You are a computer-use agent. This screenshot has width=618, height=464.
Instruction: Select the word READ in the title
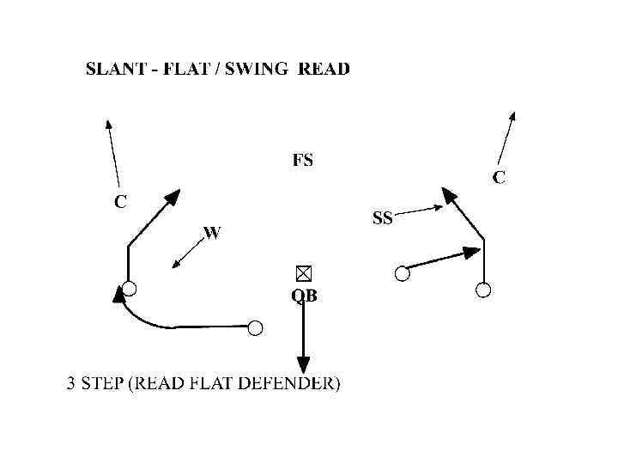[x=324, y=69]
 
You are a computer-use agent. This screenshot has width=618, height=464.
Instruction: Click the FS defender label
[x=303, y=160]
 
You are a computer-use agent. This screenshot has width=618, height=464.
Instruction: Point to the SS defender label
[x=382, y=218]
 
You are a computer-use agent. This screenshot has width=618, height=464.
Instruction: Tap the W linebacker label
[x=212, y=232]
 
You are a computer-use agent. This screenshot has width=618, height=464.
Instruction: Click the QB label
[x=304, y=296]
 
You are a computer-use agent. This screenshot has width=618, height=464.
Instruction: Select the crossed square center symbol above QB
[x=303, y=273]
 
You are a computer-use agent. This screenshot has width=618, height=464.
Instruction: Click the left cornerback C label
[x=121, y=203]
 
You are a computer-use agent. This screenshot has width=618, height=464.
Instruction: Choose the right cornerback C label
[x=499, y=178]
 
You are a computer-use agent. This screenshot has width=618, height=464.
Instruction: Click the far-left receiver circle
[x=129, y=287]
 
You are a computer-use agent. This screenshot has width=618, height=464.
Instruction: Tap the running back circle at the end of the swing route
[x=255, y=327]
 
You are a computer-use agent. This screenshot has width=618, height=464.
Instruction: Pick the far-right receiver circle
[x=483, y=290]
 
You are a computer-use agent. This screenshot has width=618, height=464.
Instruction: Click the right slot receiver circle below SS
[x=402, y=273]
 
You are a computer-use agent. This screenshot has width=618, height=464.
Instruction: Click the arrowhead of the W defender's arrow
[x=176, y=264]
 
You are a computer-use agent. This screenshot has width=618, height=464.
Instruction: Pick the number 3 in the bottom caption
[x=72, y=384]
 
